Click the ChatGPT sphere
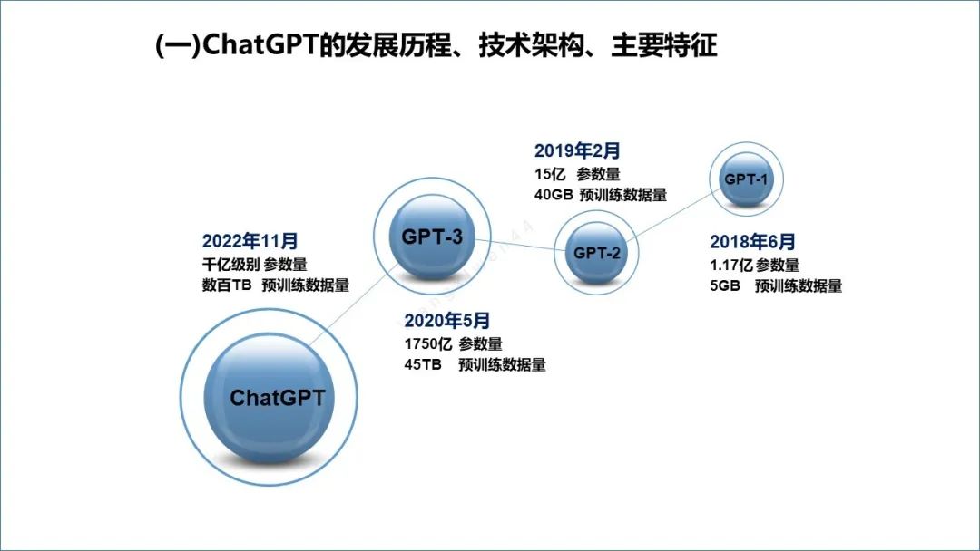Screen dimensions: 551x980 (x=277, y=398)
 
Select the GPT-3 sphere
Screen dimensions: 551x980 (x=432, y=237)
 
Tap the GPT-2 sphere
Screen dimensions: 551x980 (x=596, y=253)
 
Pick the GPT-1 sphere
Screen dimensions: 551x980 (x=746, y=179)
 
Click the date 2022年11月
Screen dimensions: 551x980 (x=250, y=241)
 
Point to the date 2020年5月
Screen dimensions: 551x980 (x=447, y=320)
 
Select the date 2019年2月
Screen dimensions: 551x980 (x=577, y=150)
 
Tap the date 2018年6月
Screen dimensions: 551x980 (x=752, y=242)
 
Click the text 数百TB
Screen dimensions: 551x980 (x=227, y=285)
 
